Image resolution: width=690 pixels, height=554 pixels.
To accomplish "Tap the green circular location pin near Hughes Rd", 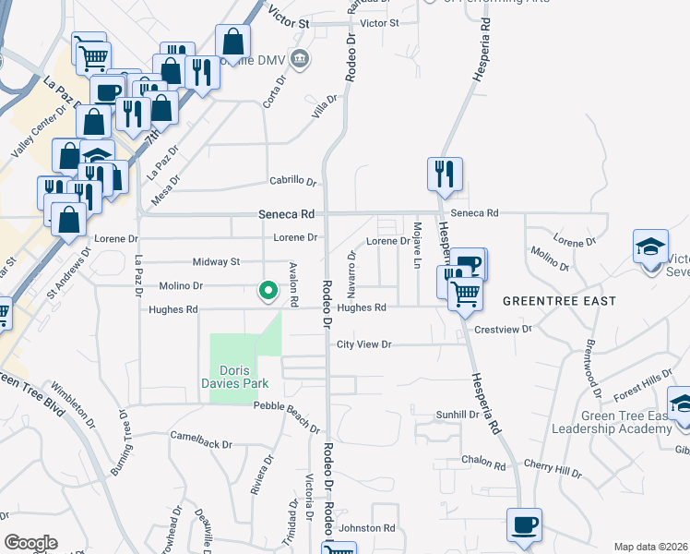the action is click(x=268, y=291).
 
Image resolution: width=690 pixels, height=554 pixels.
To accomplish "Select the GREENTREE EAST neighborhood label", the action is click(x=559, y=301).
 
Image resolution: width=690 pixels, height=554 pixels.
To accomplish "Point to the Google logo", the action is click(x=30, y=543).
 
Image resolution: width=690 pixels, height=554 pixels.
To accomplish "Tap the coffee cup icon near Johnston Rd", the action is click(x=524, y=525).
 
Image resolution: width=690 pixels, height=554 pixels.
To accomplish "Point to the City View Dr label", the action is click(x=364, y=344).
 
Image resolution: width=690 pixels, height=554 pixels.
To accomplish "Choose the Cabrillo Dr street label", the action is click(x=292, y=181).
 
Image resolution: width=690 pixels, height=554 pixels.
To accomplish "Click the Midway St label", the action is click(x=215, y=262).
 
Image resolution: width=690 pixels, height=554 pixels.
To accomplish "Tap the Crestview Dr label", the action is click(x=504, y=329).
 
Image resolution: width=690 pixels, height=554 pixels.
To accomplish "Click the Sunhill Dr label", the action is click(x=458, y=415).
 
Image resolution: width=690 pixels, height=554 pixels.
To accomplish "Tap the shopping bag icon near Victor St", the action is click(x=233, y=41).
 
